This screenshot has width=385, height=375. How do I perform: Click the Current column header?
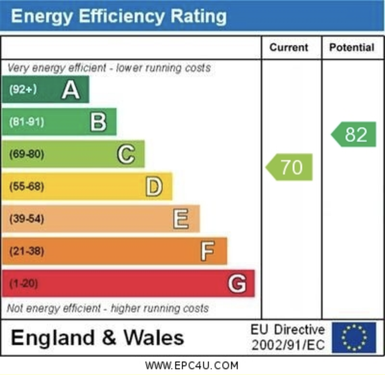click(x=289, y=47)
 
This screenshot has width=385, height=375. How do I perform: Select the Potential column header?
click(x=352, y=47)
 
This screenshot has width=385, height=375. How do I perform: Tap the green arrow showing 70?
click(x=289, y=167)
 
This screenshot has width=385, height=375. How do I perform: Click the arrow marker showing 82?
click(x=354, y=134)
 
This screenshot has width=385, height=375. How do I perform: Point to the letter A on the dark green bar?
click(x=71, y=90)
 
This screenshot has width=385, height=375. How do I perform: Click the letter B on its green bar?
click(x=99, y=122)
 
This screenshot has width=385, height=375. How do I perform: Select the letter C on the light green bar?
click(x=126, y=154)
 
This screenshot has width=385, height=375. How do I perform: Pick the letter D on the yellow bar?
click(x=154, y=187)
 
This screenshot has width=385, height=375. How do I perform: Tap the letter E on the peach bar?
click(x=181, y=219)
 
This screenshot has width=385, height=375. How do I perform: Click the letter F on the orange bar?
click(x=207, y=251)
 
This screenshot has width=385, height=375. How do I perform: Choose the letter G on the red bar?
click(x=237, y=283)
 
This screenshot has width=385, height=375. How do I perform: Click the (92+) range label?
click(x=23, y=89)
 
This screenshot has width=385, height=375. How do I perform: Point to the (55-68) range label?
click(x=27, y=187)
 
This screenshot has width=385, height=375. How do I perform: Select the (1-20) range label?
click(x=24, y=283)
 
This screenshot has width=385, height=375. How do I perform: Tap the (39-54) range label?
click(x=27, y=219)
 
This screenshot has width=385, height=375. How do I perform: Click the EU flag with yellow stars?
click(x=354, y=337)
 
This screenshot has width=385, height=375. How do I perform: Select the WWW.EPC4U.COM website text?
click(x=192, y=366)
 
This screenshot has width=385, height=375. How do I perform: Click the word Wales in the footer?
click(x=154, y=337)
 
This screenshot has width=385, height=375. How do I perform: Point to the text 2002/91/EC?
click(x=288, y=345)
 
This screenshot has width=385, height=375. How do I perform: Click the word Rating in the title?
click(x=198, y=16)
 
